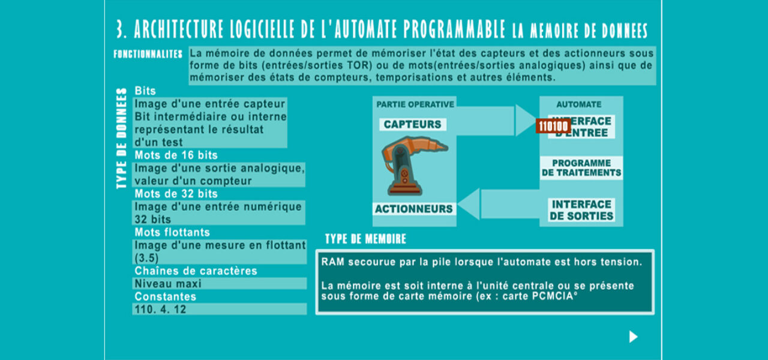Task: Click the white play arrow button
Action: [633, 337]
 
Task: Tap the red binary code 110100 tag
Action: [553, 126]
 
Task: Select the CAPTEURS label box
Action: [412, 124]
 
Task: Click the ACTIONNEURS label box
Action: [413, 209]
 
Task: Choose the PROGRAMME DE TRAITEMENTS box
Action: [581, 168]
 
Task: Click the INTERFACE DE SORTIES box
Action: [581, 210]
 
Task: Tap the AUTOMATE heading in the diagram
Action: [578, 104]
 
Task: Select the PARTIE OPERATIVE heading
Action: [415, 104]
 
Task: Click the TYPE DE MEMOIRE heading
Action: [365, 239]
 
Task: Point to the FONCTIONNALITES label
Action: [148, 54]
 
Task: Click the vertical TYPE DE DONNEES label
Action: [122, 139]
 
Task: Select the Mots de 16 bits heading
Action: [176, 155]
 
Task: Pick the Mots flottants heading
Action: [172, 232]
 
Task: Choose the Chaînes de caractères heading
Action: [196, 271]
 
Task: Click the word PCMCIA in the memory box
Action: [552, 296]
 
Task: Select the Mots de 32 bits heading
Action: [176, 194]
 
